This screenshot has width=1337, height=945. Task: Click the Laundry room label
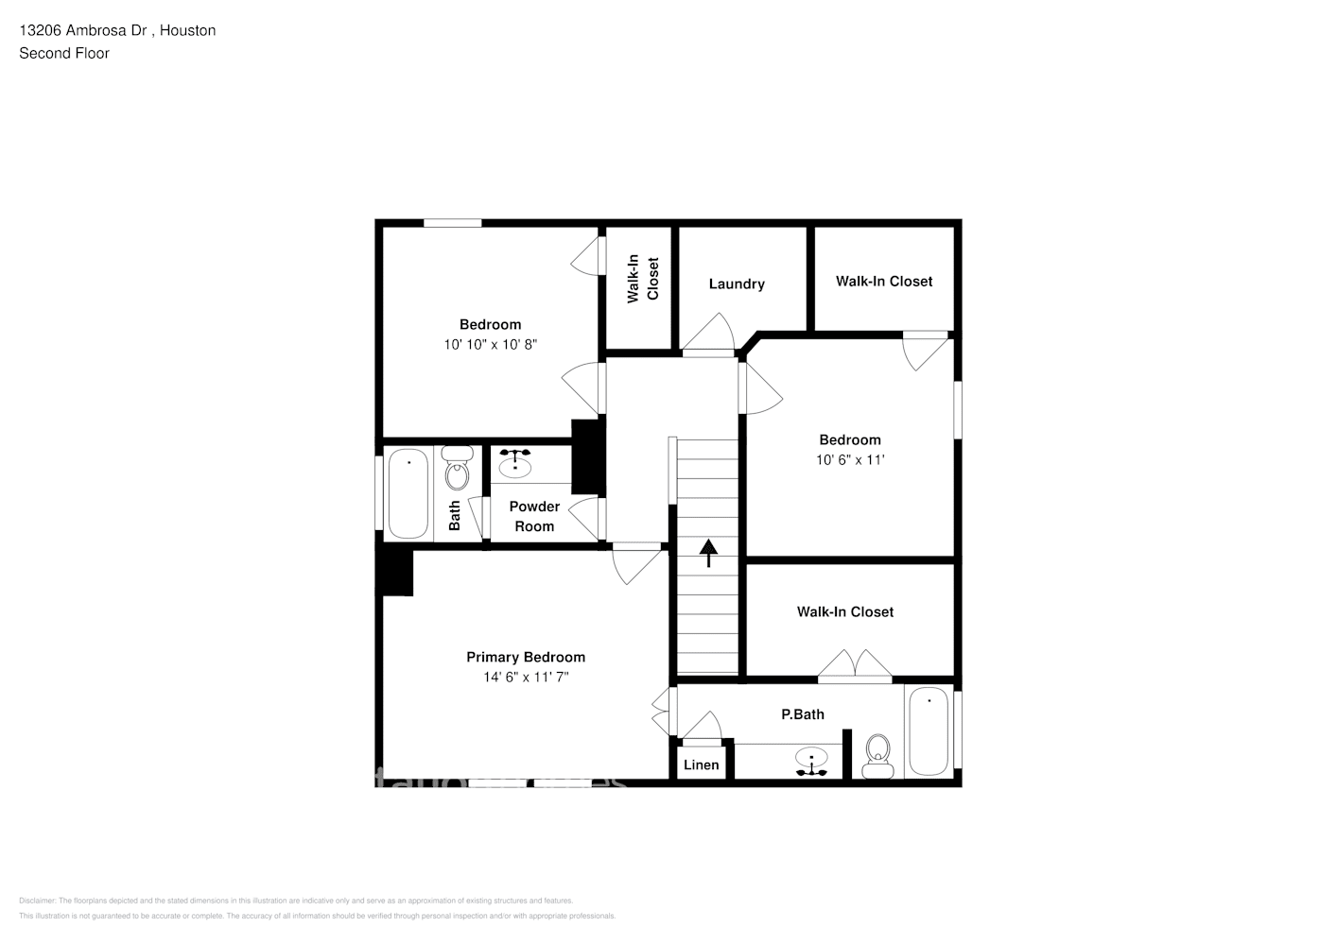click(737, 283)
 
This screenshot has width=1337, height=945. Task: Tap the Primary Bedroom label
click(525, 657)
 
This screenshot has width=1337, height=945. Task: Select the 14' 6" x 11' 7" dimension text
click(525, 677)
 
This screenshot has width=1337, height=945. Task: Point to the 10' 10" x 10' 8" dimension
click(490, 345)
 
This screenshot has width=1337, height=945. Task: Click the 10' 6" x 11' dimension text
click(850, 460)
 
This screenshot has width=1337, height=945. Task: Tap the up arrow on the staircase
click(707, 552)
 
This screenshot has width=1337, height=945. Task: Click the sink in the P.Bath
click(811, 759)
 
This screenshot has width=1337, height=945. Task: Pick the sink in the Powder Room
click(515, 464)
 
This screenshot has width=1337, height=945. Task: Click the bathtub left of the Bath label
click(408, 494)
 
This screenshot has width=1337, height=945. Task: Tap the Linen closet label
click(701, 765)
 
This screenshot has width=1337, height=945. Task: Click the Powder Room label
click(534, 516)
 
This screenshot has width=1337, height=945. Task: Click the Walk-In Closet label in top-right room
click(883, 281)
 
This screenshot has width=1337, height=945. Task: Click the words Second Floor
click(64, 53)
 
